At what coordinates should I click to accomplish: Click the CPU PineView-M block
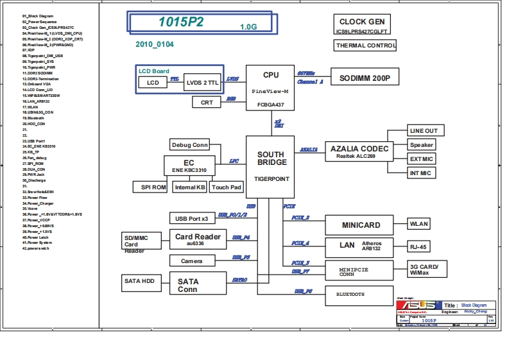coord(270,88)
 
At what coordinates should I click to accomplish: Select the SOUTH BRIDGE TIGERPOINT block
coord(270,166)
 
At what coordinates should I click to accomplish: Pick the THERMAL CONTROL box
coord(365,46)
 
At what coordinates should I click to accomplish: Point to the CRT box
coord(207,102)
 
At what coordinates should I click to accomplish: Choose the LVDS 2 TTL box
coord(202,83)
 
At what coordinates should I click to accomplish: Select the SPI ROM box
coord(150,187)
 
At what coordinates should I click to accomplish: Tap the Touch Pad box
coord(227,187)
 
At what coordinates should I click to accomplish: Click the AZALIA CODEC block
coord(359,151)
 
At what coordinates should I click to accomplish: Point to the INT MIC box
coord(421,173)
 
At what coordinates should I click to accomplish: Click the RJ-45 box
coord(421,246)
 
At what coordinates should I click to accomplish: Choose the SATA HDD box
coord(139,281)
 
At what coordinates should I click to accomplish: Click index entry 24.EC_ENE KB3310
coord(46,146)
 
